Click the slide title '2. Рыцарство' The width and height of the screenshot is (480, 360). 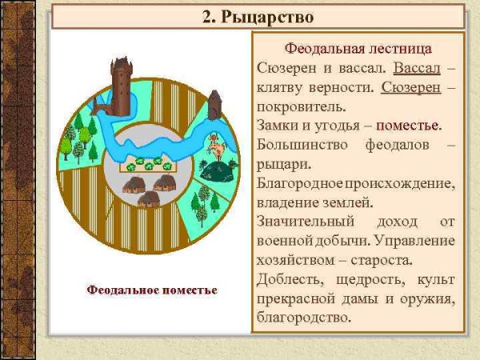(x=257, y=15)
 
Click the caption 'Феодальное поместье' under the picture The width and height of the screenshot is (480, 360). (x=152, y=288)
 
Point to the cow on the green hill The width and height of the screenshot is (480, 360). (x=215, y=148)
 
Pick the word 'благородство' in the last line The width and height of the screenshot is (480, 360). (x=304, y=318)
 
